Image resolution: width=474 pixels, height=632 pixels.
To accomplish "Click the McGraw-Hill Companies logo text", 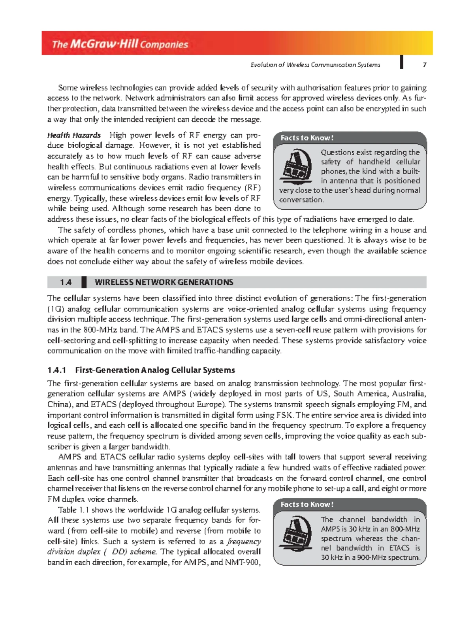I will [120, 43].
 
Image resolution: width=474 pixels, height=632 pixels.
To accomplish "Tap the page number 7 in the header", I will [425, 65].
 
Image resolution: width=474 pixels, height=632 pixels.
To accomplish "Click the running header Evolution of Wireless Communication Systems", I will [315, 65].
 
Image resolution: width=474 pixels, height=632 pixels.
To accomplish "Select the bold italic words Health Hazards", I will [74, 135].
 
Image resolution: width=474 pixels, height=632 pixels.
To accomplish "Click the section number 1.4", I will [66, 282].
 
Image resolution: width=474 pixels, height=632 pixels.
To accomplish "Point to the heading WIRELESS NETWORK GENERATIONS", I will [164, 282].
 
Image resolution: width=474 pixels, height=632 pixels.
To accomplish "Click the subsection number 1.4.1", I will [56, 370].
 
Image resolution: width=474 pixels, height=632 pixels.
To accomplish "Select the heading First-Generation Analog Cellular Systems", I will [155, 370].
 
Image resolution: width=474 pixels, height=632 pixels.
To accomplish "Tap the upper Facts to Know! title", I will [307, 138].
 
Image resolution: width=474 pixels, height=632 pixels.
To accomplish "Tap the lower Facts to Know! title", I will [307, 504].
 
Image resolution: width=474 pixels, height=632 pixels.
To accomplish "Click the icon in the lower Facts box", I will [295, 534].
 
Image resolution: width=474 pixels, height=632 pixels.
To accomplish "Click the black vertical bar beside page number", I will [402, 62].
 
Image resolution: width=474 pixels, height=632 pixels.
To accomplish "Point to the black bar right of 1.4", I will [84, 282].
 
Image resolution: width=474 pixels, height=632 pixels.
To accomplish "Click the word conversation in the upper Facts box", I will [301, 200].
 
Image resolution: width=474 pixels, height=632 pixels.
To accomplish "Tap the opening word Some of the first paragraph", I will [68, 88].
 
